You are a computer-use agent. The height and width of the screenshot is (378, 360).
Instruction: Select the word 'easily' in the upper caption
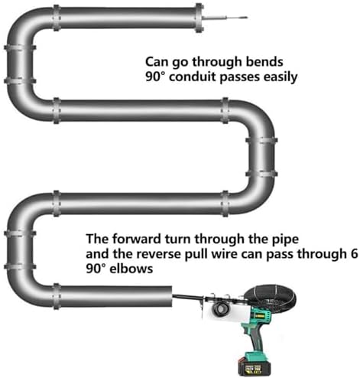281,77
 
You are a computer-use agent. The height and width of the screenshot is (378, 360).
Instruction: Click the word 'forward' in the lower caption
136,239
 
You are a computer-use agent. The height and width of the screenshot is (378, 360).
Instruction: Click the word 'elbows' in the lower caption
131,269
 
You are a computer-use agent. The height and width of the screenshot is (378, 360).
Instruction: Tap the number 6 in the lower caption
354,254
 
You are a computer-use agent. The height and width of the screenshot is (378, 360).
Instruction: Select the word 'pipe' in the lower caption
285,240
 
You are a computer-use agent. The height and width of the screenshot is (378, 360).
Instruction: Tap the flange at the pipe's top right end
199,18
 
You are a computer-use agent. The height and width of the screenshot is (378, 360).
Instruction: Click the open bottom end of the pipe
171,296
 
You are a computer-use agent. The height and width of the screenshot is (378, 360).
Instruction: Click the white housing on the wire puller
225,311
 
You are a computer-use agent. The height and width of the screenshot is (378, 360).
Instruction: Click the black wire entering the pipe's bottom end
185,297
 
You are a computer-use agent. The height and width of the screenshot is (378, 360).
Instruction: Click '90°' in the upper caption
155,77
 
